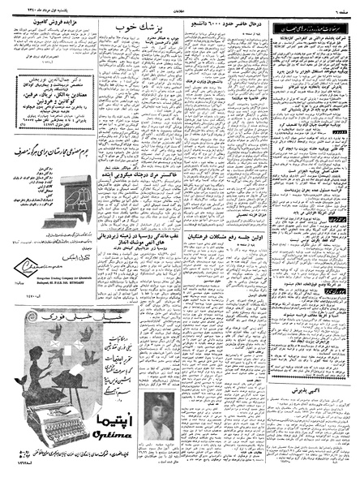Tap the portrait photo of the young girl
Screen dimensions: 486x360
[x=156, y=438]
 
